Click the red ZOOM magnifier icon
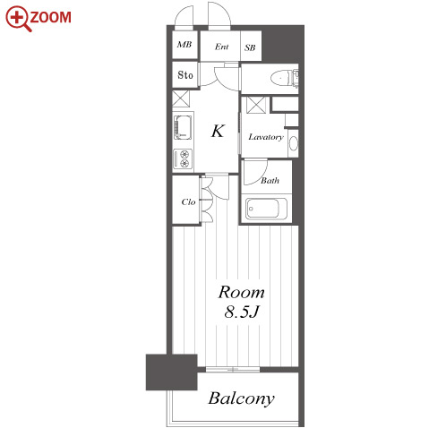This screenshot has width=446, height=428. click(x=18, y=19)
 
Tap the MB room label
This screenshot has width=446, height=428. click(x=184, y=45)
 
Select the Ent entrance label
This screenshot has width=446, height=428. click(x=221, y=47)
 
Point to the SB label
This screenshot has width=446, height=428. click(x=250, y=47)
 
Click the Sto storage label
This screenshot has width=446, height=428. click(x=185, y=74)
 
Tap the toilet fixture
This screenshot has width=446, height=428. click(x=284, y=78)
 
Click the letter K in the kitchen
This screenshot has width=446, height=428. click(x=218, y=131)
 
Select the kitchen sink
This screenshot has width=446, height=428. click(x=183, y=127)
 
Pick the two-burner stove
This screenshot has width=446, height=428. click(x=183, y=158)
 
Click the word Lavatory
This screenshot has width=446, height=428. click(x=266, y=137)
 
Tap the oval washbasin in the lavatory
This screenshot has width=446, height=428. click(x=294, y=143)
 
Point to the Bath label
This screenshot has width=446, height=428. click(x=270, y=180)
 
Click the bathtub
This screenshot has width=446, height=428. click(x=266, y=209)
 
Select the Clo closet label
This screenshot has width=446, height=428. click(x=188, y=201)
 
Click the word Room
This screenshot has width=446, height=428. click(x=241, y=292)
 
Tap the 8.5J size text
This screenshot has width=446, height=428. click(x=241, y=312)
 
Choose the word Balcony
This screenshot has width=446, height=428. click(x=241, y=398)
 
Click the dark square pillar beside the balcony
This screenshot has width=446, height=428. click(x=171, y=372)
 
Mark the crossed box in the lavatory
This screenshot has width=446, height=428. click(x=256, y=105)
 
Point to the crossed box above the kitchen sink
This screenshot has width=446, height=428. click(x=181, y=98)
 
